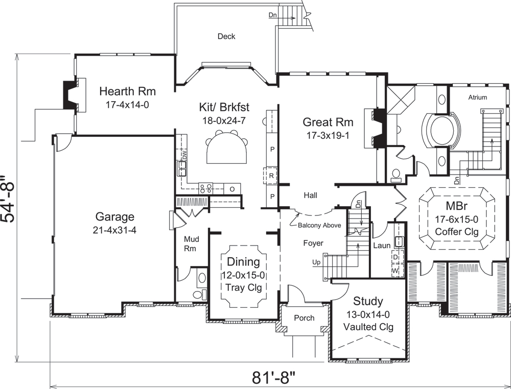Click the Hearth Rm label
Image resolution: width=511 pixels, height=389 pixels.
click(x=127, y=92)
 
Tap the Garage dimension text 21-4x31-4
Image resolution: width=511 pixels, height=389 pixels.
click(x=114, y=230)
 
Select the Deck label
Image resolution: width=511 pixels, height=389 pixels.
click(x=226, y=36)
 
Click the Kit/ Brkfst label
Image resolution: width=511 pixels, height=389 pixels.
click(x=224, y=107)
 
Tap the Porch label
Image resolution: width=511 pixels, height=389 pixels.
click(x=304, y=318)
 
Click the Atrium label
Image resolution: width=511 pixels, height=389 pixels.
click(x=477, y=98)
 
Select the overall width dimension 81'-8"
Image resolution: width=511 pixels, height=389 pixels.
click(x=274, y=379)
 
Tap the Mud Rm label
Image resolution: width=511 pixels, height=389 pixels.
click(x=192, y=244)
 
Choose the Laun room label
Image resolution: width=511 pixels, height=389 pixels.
click(x=381, y=246)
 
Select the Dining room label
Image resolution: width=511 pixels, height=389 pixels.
click(x=243, y=262)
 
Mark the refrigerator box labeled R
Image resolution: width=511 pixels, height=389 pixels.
click(x=272, y=175)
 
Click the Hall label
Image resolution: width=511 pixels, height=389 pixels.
click(x=311, y=195)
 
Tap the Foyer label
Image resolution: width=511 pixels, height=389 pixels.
click(x=313, y=244)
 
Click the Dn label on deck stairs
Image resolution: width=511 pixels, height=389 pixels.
click(x=273, y=15)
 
